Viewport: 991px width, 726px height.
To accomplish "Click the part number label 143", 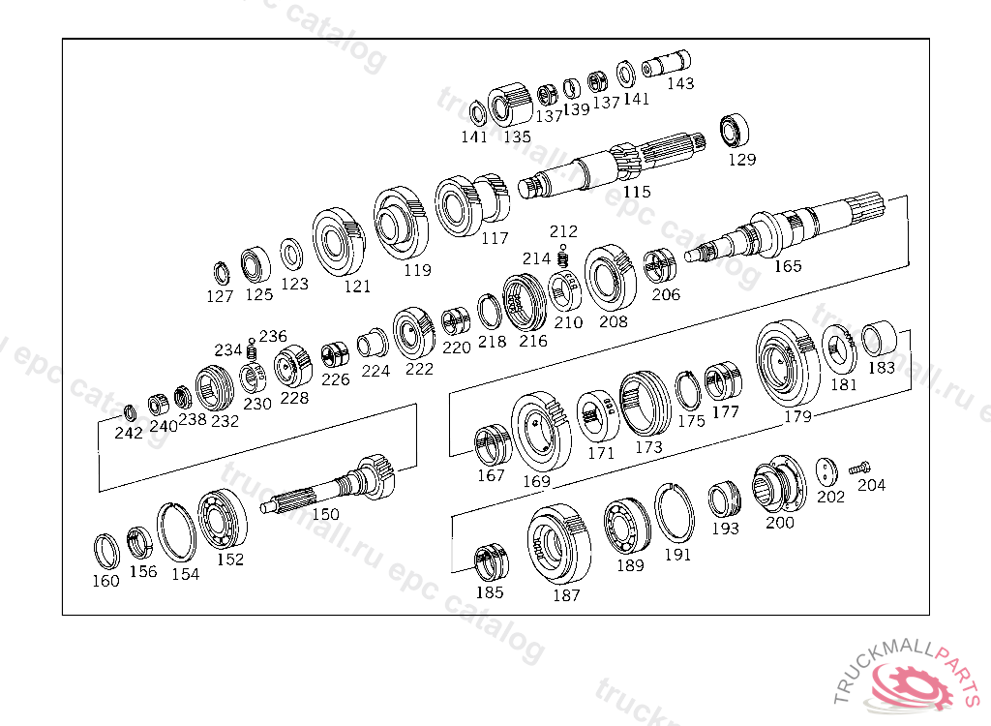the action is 680,83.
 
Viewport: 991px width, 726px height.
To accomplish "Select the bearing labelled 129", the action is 735,132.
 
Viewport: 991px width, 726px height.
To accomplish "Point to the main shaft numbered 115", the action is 612,166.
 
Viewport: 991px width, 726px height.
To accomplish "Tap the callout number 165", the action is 788,266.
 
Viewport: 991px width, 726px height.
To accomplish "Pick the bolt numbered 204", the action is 859,469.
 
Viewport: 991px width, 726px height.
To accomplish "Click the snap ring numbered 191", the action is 674,512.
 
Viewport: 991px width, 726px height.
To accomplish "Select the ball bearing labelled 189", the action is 626,527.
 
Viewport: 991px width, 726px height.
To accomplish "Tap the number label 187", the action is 566,595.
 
